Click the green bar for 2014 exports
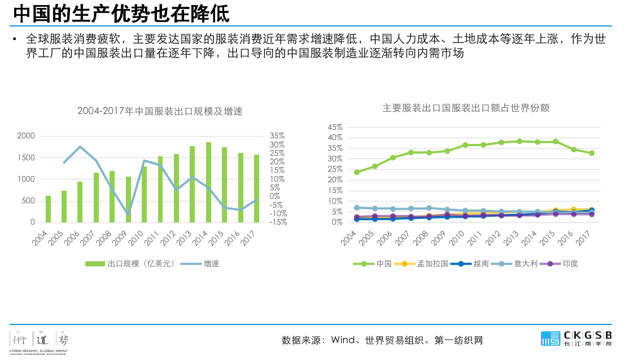208,182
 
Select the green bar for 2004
48,209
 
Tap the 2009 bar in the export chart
128,199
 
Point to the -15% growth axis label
278,222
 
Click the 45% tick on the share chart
335,127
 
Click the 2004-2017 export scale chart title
160,112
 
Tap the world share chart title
466,108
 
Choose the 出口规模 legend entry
130,264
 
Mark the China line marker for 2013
519,141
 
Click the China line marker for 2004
357,172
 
